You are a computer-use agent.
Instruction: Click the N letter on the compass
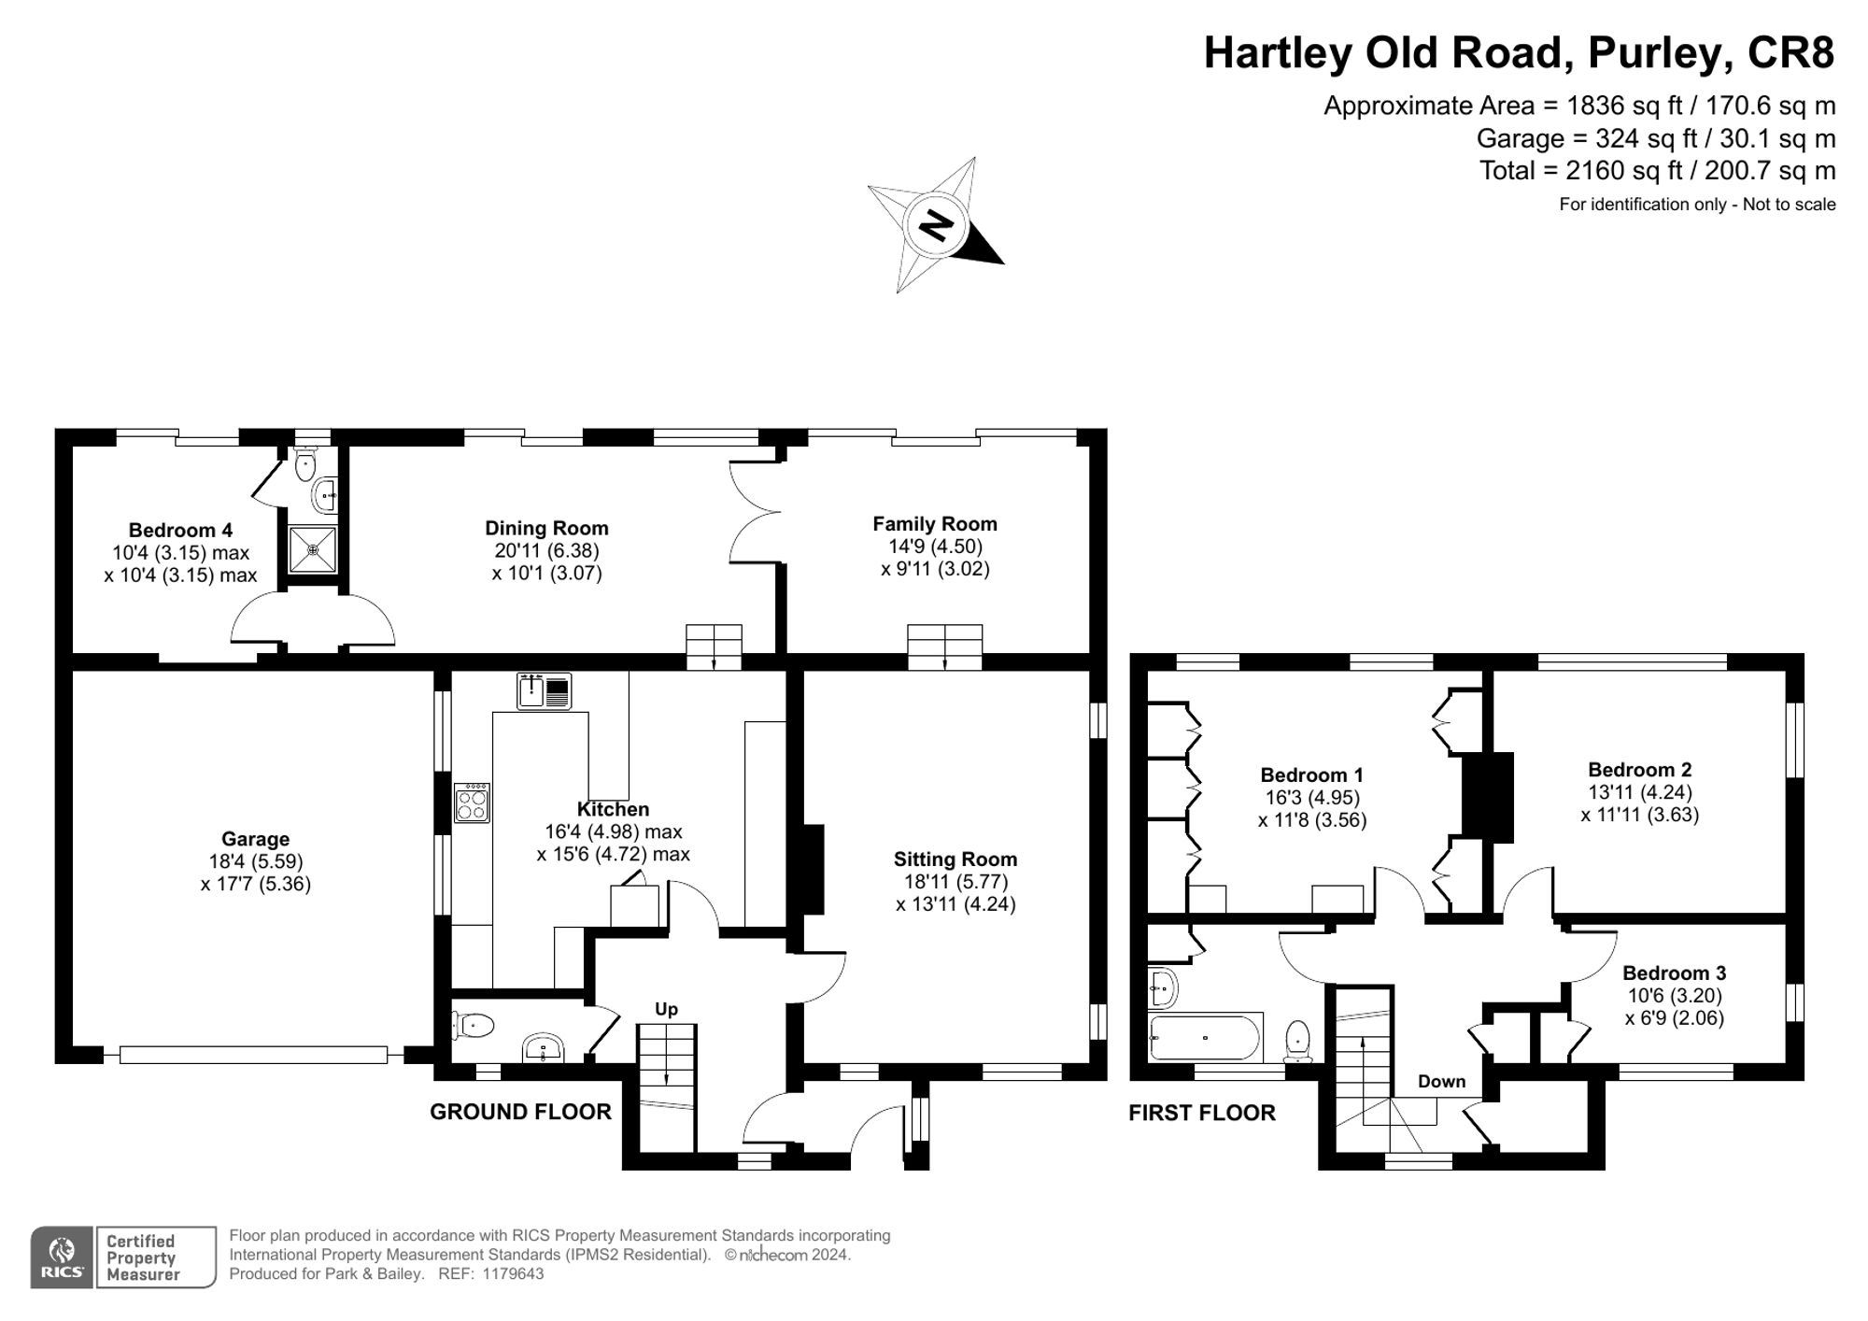[935, 225]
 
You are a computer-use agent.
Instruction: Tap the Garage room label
[255, 839]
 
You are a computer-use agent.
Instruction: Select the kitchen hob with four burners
[472, 803]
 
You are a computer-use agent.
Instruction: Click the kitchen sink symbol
[544, 691]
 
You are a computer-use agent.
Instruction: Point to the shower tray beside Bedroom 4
[312, 550]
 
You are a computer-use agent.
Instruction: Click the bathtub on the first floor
[1205, 1037]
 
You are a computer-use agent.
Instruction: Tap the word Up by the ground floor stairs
[666, 1009]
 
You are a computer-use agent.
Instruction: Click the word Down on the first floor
[1441, 1082]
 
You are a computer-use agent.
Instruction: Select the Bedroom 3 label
[1674, 973]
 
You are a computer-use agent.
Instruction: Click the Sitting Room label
[955, 859]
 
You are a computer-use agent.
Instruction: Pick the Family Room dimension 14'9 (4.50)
[935, 547]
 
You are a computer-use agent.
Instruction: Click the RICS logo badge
[62, 1257]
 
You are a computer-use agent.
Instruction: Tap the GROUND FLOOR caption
[520, 1112]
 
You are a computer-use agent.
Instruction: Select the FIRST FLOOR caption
[1201, 1113]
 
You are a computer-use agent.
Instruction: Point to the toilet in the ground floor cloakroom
[474, 1026]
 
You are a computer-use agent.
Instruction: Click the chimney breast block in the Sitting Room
[809, 869]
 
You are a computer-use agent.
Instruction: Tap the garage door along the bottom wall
[253, 1055]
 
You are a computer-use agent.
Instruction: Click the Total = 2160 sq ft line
[1657, 171]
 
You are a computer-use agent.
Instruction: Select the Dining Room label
[546, 529]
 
